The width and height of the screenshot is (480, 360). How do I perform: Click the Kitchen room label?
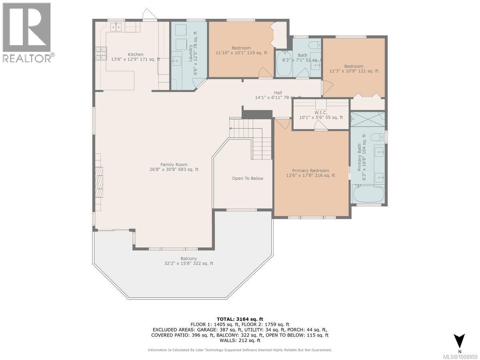click(136, 54)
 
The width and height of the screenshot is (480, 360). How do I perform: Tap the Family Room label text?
click(174, 164)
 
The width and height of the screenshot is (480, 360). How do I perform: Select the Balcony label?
click(188, 258)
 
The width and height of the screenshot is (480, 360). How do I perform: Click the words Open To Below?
click(248, 178)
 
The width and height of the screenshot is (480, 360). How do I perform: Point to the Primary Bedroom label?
click(310, 170)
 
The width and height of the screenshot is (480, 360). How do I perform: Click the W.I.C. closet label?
click(321, 112)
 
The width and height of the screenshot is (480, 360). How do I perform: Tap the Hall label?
click(278, 93)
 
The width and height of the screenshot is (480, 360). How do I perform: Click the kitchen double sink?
click(116, 27)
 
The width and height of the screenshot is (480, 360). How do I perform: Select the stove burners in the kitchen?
click(101, 54)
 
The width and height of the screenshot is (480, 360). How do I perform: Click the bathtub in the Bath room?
click(284, 64)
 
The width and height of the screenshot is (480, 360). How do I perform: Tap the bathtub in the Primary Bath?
click(368, 194)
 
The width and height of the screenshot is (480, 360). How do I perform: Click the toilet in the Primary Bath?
click(377, 137)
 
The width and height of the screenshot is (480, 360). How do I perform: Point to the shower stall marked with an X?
click(368, 119)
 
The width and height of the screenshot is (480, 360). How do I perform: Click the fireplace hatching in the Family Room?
click(99, 182)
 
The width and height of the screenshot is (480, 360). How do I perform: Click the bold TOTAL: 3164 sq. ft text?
click(240, 319)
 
